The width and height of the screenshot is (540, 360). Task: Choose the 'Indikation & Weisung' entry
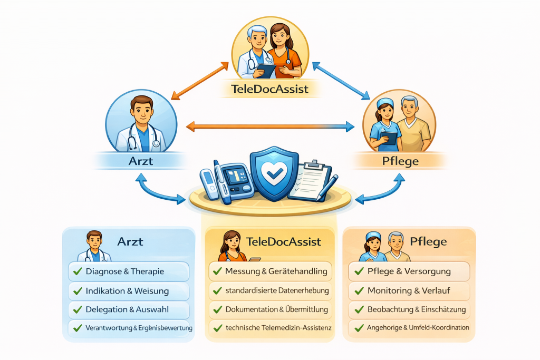pos(128,290)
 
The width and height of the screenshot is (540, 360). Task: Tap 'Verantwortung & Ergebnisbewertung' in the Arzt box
pos(138,328)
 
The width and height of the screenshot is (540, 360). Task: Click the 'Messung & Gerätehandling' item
pos(276,271)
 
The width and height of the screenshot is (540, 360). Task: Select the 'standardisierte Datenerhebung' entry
pos(277,290)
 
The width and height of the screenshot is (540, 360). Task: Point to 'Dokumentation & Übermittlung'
pos(276,309)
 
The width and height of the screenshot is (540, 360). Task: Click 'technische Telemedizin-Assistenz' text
pos(278,328)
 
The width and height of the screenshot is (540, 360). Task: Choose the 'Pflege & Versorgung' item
pos(409,271)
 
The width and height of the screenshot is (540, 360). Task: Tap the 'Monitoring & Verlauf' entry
pos(409,290)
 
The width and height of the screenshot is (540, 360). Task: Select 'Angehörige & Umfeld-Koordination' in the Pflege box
pos(418,328)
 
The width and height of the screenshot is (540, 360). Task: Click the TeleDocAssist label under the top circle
pos(270,89)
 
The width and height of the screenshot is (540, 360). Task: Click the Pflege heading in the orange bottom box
pos(428,242)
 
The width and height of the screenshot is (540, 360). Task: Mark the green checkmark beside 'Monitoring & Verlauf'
pos(359,290)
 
